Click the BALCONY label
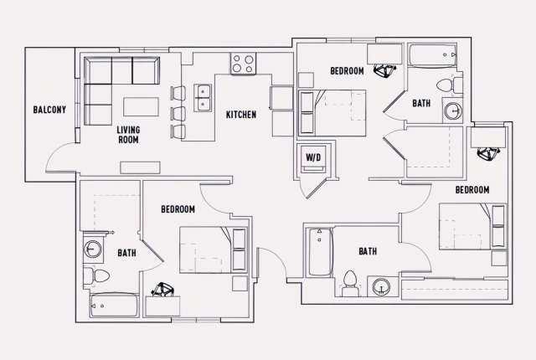(x=49, y=110)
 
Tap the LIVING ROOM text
(x=128, y=134)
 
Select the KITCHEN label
(x=240, y=115)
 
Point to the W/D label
(x=313, y=157)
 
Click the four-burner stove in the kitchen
(x=244, y=63)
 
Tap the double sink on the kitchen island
(x=202, y=98)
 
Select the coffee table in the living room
(x=140, y=106)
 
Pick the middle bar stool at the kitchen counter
(x=178, y=113)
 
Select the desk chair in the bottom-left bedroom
(x=162, y=291)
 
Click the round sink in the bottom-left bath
(x=92, y=249)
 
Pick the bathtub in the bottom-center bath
(x=318, y=254)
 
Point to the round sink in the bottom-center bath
(x=383, y=286)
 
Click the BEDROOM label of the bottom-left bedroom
(x=178, y=209)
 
